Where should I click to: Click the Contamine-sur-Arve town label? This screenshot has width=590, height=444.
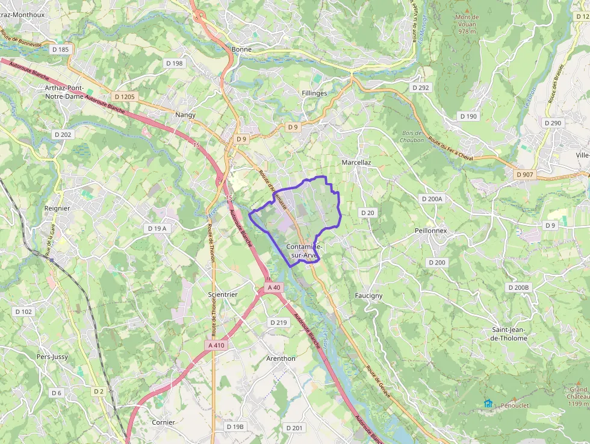pyautogui.click(x=304, y=251)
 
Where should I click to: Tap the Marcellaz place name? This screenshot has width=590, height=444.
pyautogui.click(x=356, y=163)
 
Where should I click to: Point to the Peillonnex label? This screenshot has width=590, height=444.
pyautogui.click(x=430, y=231)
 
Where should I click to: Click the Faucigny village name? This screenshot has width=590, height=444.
pyautogui.click(x=368, y=296)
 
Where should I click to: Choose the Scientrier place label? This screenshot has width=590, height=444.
pyautogui.click(x=223, y=295)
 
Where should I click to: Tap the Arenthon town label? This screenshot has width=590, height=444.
pyautogui.click(x=281, y=358)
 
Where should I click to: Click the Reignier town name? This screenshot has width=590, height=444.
pyautogui.click(x=58, y=208)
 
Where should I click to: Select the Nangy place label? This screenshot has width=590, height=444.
pyautogui.click(x=185, y=114)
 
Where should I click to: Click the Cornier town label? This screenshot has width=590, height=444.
pyautogui.click(x=163, y=422)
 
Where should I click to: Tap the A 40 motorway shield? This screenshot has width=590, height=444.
pyautogui.click(x=275, y=288)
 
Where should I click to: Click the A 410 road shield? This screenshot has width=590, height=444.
pyautogui.click(x=216, y=345)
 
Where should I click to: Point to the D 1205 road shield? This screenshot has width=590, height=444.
pyautogui.click(x=125, y=96)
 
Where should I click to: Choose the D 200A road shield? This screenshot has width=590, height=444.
pyautogui.click(x=432, y=199)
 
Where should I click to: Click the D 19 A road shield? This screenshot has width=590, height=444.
pyautogui.click(x=157, y=228)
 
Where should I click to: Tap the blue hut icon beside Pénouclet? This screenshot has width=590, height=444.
pyautogui.click(x=487, y=404)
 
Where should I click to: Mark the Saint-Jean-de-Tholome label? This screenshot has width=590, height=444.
pyautogui.click(x=509, y=334)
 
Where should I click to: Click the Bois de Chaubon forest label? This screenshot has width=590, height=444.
pyautogui.click(x=412, y=136)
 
